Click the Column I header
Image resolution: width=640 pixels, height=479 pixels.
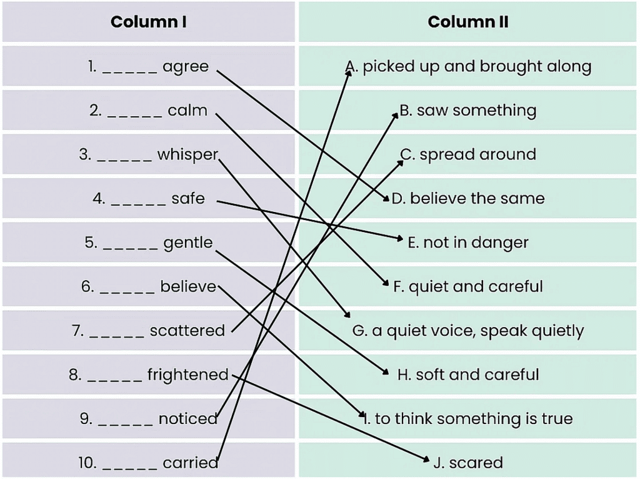point(148,22)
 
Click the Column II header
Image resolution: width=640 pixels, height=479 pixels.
point(468,22)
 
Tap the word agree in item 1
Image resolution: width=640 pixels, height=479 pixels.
point(186,66)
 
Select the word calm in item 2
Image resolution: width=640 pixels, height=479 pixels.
point(187,111)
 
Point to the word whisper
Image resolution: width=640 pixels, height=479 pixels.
point(187,154)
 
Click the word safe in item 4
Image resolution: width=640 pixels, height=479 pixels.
point(188,199)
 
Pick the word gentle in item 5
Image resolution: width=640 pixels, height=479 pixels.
point(188,243)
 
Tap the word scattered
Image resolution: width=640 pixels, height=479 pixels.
point(187,331)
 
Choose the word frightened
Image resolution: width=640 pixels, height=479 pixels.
point(188,375)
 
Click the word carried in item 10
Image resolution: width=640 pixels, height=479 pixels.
point(191,463)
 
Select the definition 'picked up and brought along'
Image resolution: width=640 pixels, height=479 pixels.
point(476,66)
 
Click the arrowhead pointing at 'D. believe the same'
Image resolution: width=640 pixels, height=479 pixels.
point(387,199)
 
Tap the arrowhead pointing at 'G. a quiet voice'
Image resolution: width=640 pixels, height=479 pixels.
point(347,316)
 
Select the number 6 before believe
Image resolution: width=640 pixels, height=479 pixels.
point(87,287)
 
